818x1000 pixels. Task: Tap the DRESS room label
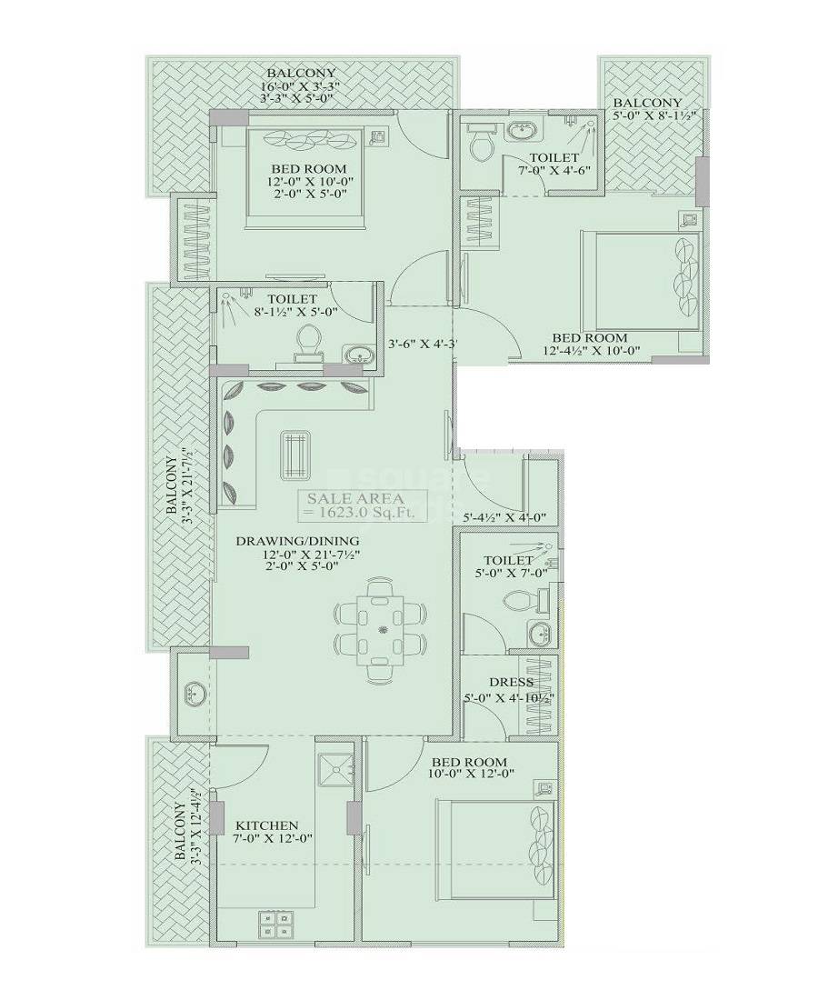pos(510,682)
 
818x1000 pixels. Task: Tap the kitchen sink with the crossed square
pos(338,769)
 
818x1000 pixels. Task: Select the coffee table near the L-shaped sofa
pos(295,454)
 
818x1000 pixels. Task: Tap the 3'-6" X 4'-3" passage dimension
pos(422,345)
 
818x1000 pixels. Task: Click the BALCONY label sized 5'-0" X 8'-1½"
pos(646,103)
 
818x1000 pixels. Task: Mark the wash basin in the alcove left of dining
pos(194,694)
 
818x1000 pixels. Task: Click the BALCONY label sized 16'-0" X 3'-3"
pos(300,73)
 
